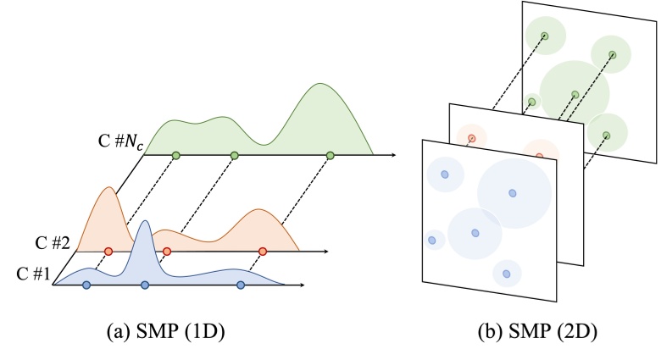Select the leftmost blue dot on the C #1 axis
pyautogui.click(x=86, y=285)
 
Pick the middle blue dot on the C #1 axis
pyautogui.click(x=145, y=285)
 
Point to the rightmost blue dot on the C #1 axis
pyautogui.click(x=241, y=285)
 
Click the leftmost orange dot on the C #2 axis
pyautogui.click(x=108, y=252)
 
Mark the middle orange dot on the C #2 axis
pyautogui.click(x=167, y=252)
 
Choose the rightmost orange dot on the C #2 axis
pyautogui.click(x=263, y=252)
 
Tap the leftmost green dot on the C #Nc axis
pyautogui.click(x=175, y=156)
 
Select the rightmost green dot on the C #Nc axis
pyautogui.click(x=330, y=156)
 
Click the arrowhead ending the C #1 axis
pyautogui.click(x=302, y=285)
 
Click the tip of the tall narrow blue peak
pyautogui.click(x=146, y=221)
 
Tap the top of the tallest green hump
pyautogui.click(x=320, y=84)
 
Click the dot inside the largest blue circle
pyautogui.click(x=512, y=193)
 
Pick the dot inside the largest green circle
pyautogui.click(x=575, y=94)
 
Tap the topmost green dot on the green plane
pyautogui.click(x=545, y=36)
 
